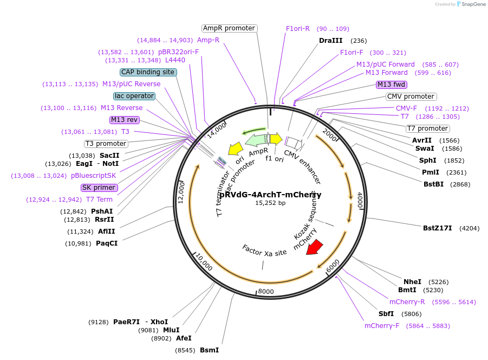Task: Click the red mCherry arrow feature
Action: click(314, 247)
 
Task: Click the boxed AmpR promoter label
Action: click(229, 28)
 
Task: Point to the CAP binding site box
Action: click(148, 72)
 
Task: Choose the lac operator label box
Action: click(134, 96)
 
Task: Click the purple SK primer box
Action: click(99, 188)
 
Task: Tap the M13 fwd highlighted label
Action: click(392, 84)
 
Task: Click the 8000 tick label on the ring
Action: click(266, 292)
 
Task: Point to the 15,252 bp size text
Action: click(270, 203)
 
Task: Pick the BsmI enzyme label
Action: click(209, 350)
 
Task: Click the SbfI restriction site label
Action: click(386, 314)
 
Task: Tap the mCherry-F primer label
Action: click(382, 326)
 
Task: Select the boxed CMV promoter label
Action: click(411, 97)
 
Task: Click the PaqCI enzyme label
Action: click(107, 243)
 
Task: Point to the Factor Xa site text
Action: click(264, 250)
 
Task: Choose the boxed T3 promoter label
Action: click(106, 144)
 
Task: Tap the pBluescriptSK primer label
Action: click(93, 176)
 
